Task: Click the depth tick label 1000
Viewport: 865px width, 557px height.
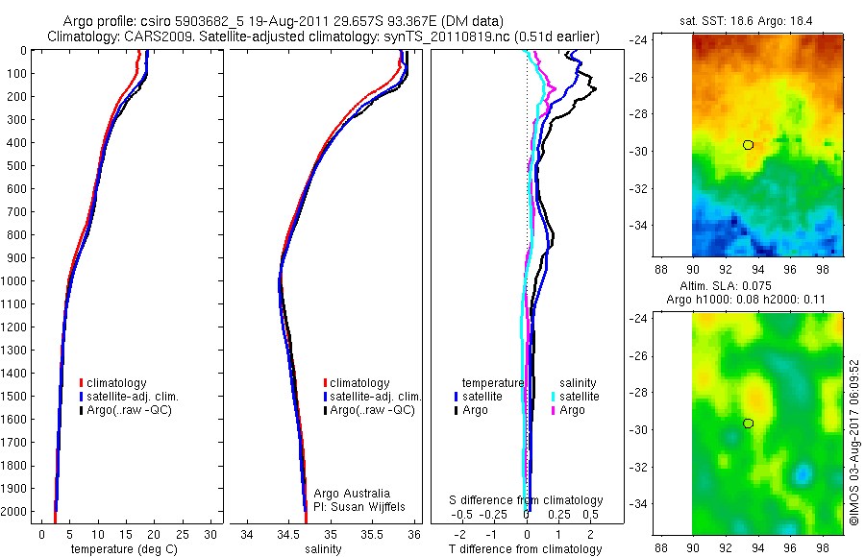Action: click(x=16, y=280)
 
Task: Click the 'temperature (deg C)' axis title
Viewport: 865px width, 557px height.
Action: click(x=121, y=549)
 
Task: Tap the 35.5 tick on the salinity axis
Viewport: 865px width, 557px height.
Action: click(x=372, y=533)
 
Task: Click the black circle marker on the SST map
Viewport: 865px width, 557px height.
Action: click(x=748, y=145)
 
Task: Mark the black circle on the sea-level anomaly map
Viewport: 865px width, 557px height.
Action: click(x=748, y=424)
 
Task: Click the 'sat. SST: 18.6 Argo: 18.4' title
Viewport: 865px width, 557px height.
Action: click(x=766, y=19)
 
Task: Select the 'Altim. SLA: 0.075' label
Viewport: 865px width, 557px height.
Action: click(x=766, y=286)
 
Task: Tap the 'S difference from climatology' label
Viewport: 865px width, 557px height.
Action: click(x=527, y=500)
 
